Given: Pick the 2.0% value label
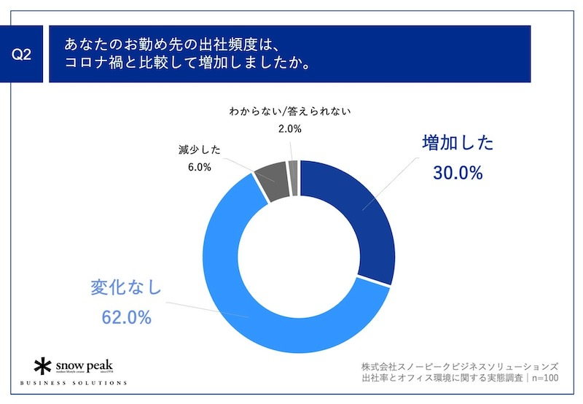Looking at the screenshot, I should (289, 129).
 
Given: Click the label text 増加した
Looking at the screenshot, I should (457, 144).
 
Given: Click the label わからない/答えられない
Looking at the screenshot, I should (290, 111).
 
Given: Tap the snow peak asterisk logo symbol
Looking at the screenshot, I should (45, 365).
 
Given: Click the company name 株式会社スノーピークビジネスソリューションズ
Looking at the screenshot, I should (460, 365).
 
